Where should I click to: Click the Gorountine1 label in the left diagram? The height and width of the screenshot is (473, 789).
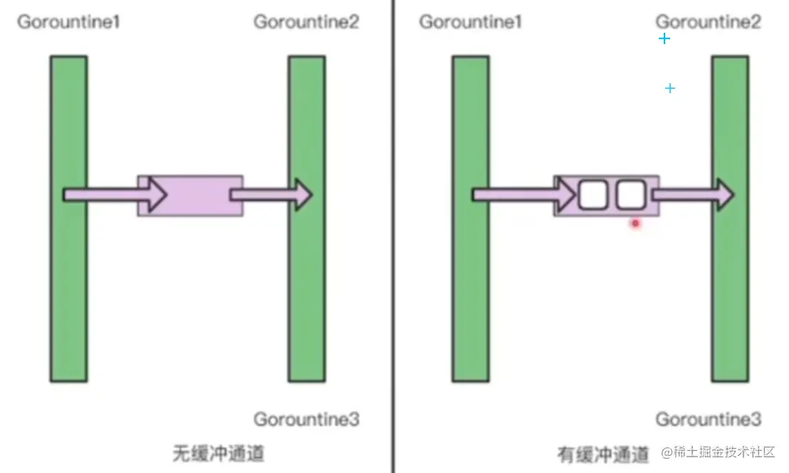[68, 22]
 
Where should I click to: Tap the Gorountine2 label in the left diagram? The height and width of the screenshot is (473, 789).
[307, 22]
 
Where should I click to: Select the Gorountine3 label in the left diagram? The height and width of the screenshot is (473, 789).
[307, 420]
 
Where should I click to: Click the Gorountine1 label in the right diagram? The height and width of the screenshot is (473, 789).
[470, 22]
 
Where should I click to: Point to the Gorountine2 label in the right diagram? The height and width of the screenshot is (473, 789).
[709, 22]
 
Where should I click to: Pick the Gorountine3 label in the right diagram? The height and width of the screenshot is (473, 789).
[709, 420]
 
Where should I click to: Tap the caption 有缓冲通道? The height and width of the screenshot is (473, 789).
[603, 454]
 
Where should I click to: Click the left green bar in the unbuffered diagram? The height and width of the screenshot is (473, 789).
[68, 285]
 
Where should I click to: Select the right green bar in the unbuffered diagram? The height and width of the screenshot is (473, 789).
[307, 285]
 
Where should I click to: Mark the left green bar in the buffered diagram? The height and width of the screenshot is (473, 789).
[470, 285]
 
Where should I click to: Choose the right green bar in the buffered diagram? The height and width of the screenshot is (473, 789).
[730, 285]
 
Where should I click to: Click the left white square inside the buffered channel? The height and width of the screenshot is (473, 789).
[591, 195]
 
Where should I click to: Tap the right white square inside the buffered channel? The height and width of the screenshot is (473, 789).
[630, 195]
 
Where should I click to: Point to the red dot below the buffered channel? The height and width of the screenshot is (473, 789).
[636, 223]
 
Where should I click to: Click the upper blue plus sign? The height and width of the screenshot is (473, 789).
[664, 38]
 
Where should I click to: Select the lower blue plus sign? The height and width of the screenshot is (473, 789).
[669, 88]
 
